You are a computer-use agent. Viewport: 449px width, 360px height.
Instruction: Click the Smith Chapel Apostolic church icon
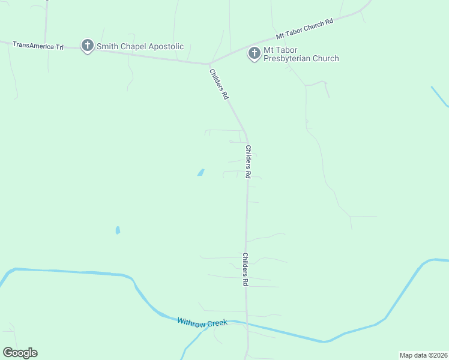[x=88, y=46]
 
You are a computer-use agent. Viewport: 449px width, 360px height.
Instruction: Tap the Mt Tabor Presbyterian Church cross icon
[x=254, y=53]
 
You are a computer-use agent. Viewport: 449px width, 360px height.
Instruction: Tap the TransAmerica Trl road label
[x=38, y=45]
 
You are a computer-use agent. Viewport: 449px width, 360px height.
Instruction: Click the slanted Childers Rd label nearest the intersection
[x=218, y=84]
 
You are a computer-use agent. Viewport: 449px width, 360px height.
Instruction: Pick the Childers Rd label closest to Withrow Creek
[x=246, y=269]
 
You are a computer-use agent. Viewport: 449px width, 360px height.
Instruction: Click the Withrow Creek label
[x=202, y=322]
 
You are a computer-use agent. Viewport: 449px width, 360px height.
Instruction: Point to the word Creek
[x=217, y=323]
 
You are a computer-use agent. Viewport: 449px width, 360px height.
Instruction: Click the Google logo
[x=20, y=353]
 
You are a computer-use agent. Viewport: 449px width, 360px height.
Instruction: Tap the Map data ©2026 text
[x=423, y=355]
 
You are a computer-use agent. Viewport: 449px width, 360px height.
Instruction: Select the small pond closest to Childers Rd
[x=200, y=173]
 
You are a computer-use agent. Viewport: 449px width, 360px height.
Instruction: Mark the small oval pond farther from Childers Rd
[x=118, y=230]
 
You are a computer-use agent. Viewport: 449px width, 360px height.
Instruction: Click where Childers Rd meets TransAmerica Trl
[x=209, y=63]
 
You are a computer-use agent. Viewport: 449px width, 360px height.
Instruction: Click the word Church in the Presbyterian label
[x=325, y=59]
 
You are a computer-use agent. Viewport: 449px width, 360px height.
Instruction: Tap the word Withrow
[x=191, y=322]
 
